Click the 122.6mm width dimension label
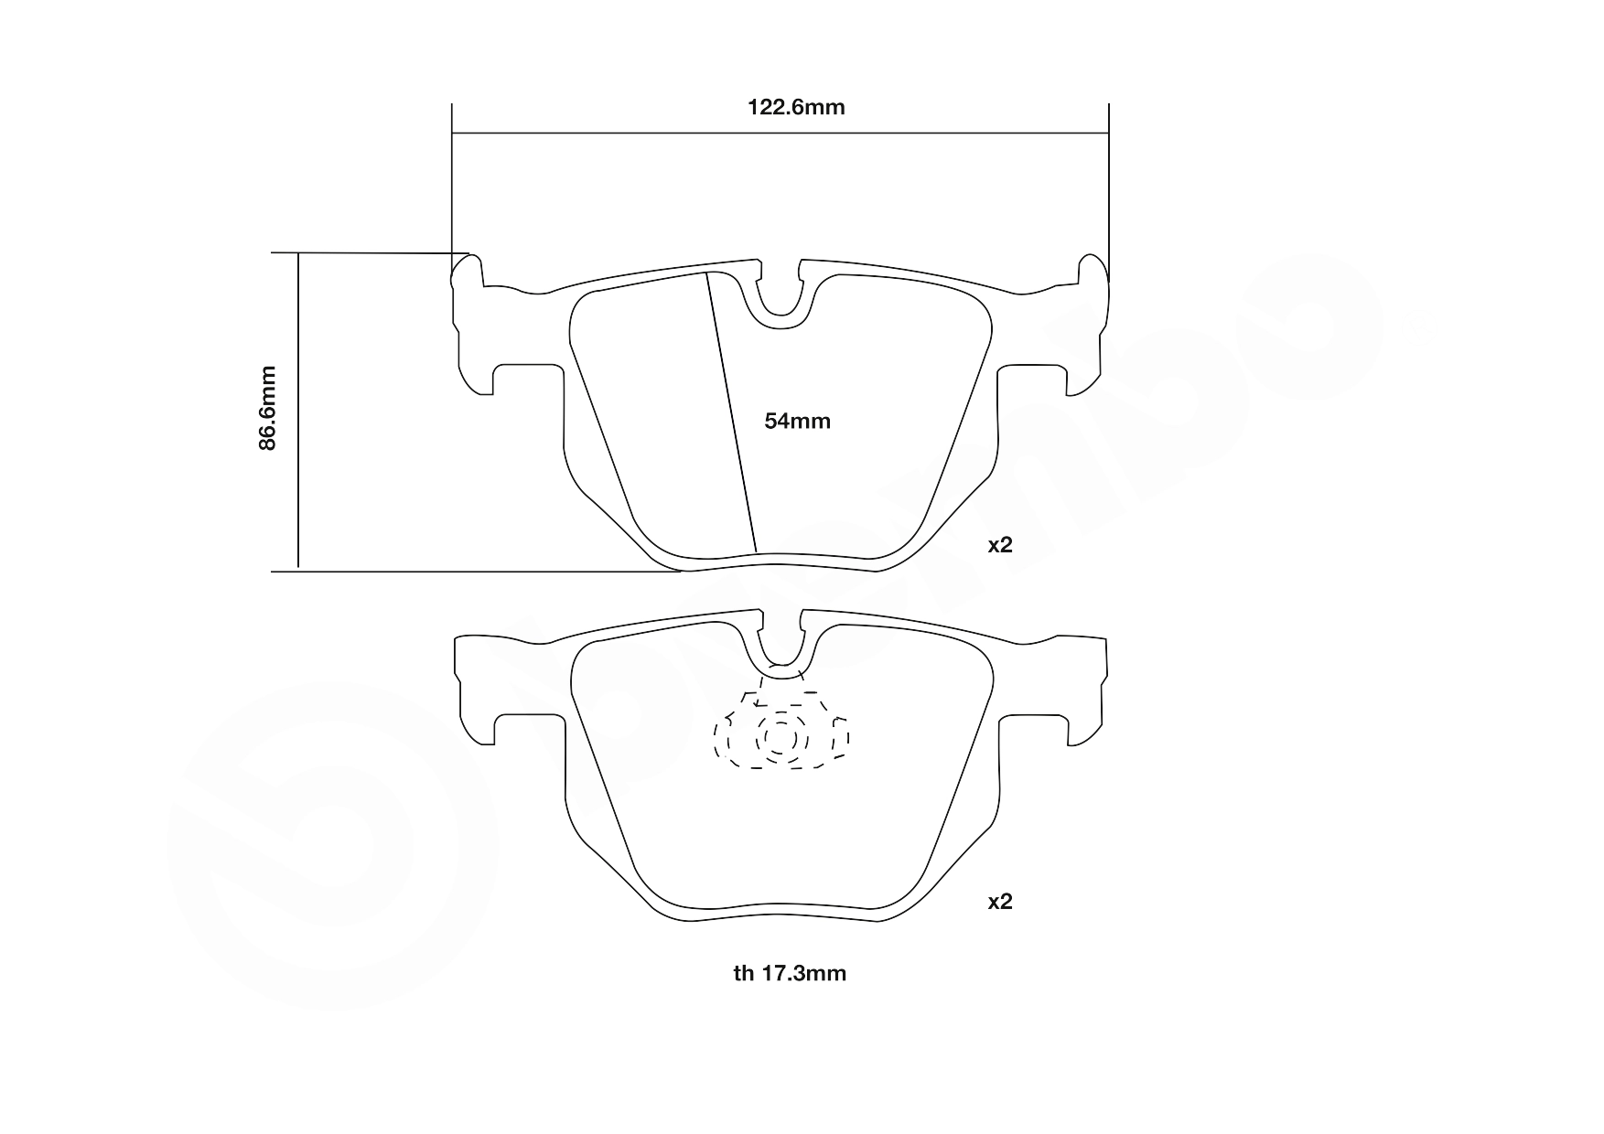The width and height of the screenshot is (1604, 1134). [x=796, y=108]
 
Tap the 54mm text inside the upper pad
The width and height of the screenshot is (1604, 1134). [x=797, y=422]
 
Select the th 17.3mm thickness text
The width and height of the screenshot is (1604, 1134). [x=790, y=973]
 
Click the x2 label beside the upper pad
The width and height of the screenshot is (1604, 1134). [x=1000, y=545]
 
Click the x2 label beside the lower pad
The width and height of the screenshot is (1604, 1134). [x=1000, y=902]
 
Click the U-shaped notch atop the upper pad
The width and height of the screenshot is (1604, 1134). [x=780, y=302]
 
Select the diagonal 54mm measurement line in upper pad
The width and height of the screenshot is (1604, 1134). [x=732, y=412]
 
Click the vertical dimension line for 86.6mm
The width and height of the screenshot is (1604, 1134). [x=298, y=412]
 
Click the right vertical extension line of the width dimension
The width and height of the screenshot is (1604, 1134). [x=1108, y=183]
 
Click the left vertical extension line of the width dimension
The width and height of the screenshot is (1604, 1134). [x=452, y=183]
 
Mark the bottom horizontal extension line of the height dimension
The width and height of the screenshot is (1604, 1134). [x=476, y=572]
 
